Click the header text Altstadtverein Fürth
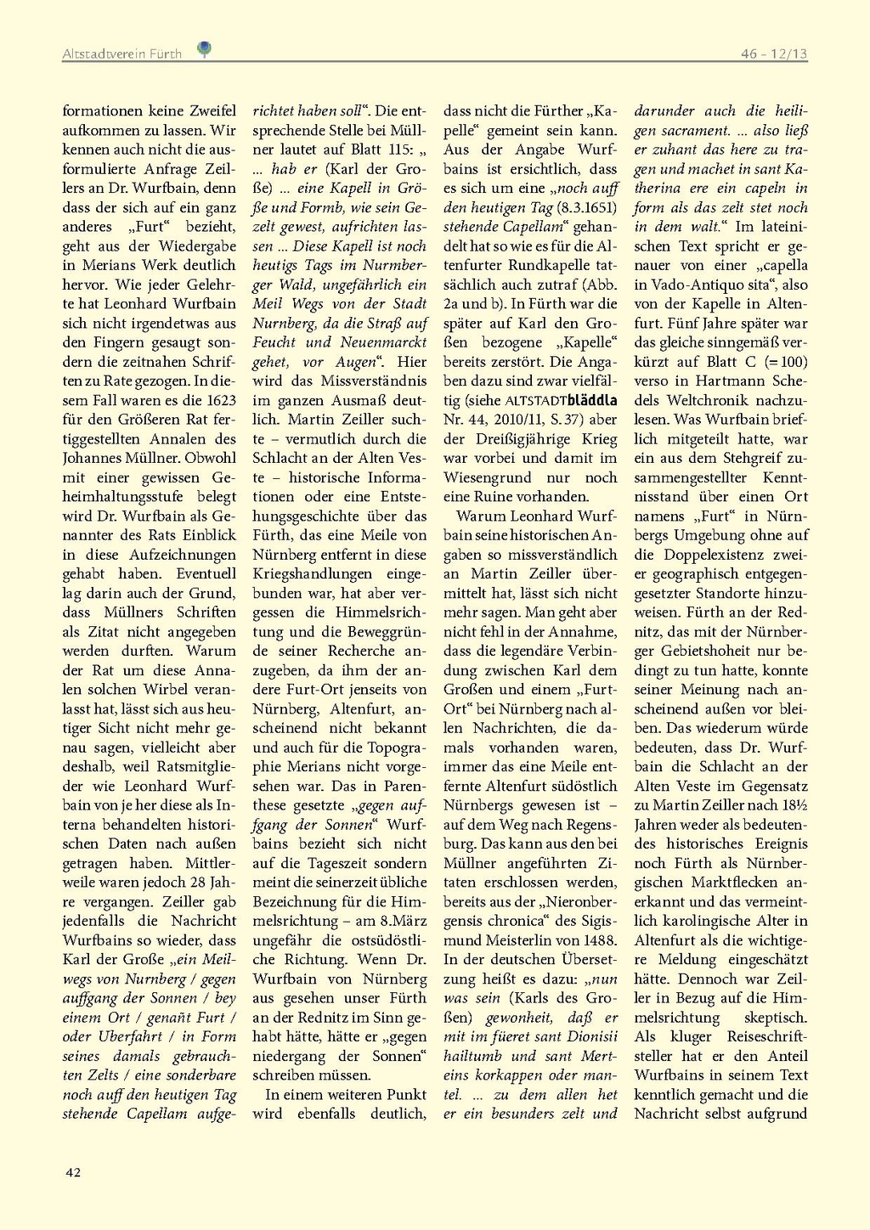[121, 54]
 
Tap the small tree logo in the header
[204, 49]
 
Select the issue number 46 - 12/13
[773, 54]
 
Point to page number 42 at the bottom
[73, 1172]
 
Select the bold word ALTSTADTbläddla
[561, 400]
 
